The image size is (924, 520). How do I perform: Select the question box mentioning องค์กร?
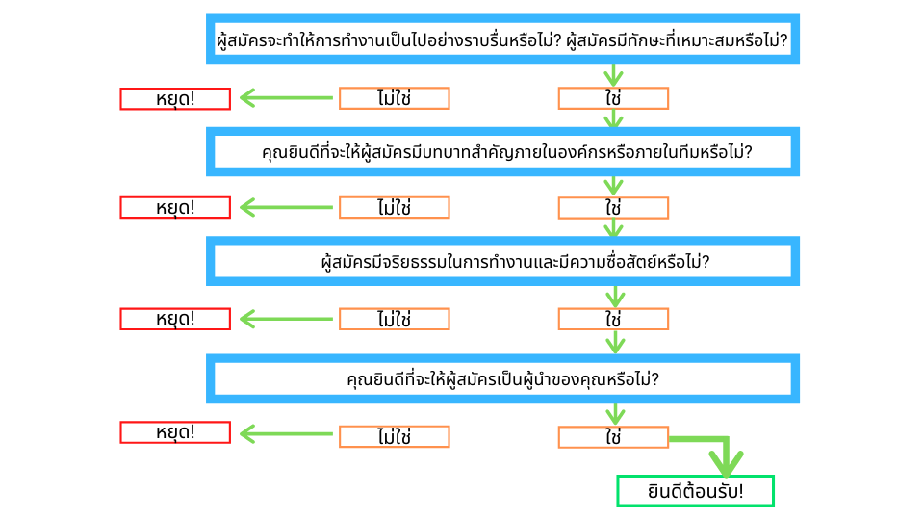502,152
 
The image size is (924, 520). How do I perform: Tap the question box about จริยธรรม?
502,261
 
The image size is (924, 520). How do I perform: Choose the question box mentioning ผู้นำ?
502,378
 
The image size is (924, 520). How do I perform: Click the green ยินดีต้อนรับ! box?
695,491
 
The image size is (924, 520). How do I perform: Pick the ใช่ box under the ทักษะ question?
613,98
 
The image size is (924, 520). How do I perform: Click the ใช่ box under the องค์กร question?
613,208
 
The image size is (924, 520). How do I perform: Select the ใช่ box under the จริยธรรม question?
613,319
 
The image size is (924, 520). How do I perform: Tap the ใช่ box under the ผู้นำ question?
613,437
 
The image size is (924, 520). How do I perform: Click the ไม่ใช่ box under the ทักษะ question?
394,98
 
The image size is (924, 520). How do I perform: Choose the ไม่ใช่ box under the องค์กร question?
394,208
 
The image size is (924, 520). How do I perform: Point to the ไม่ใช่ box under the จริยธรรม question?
394,319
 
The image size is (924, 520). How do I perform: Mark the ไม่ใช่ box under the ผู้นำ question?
394,436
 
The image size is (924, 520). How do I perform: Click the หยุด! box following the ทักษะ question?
175,98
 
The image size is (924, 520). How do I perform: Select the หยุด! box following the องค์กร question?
175,208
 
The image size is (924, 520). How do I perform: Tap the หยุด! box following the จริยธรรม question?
175,319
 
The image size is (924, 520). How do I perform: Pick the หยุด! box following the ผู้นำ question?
175,432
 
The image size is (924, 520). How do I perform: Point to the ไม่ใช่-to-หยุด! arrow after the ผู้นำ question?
285,434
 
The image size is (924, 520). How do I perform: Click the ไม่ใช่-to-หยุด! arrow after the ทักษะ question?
285,98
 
